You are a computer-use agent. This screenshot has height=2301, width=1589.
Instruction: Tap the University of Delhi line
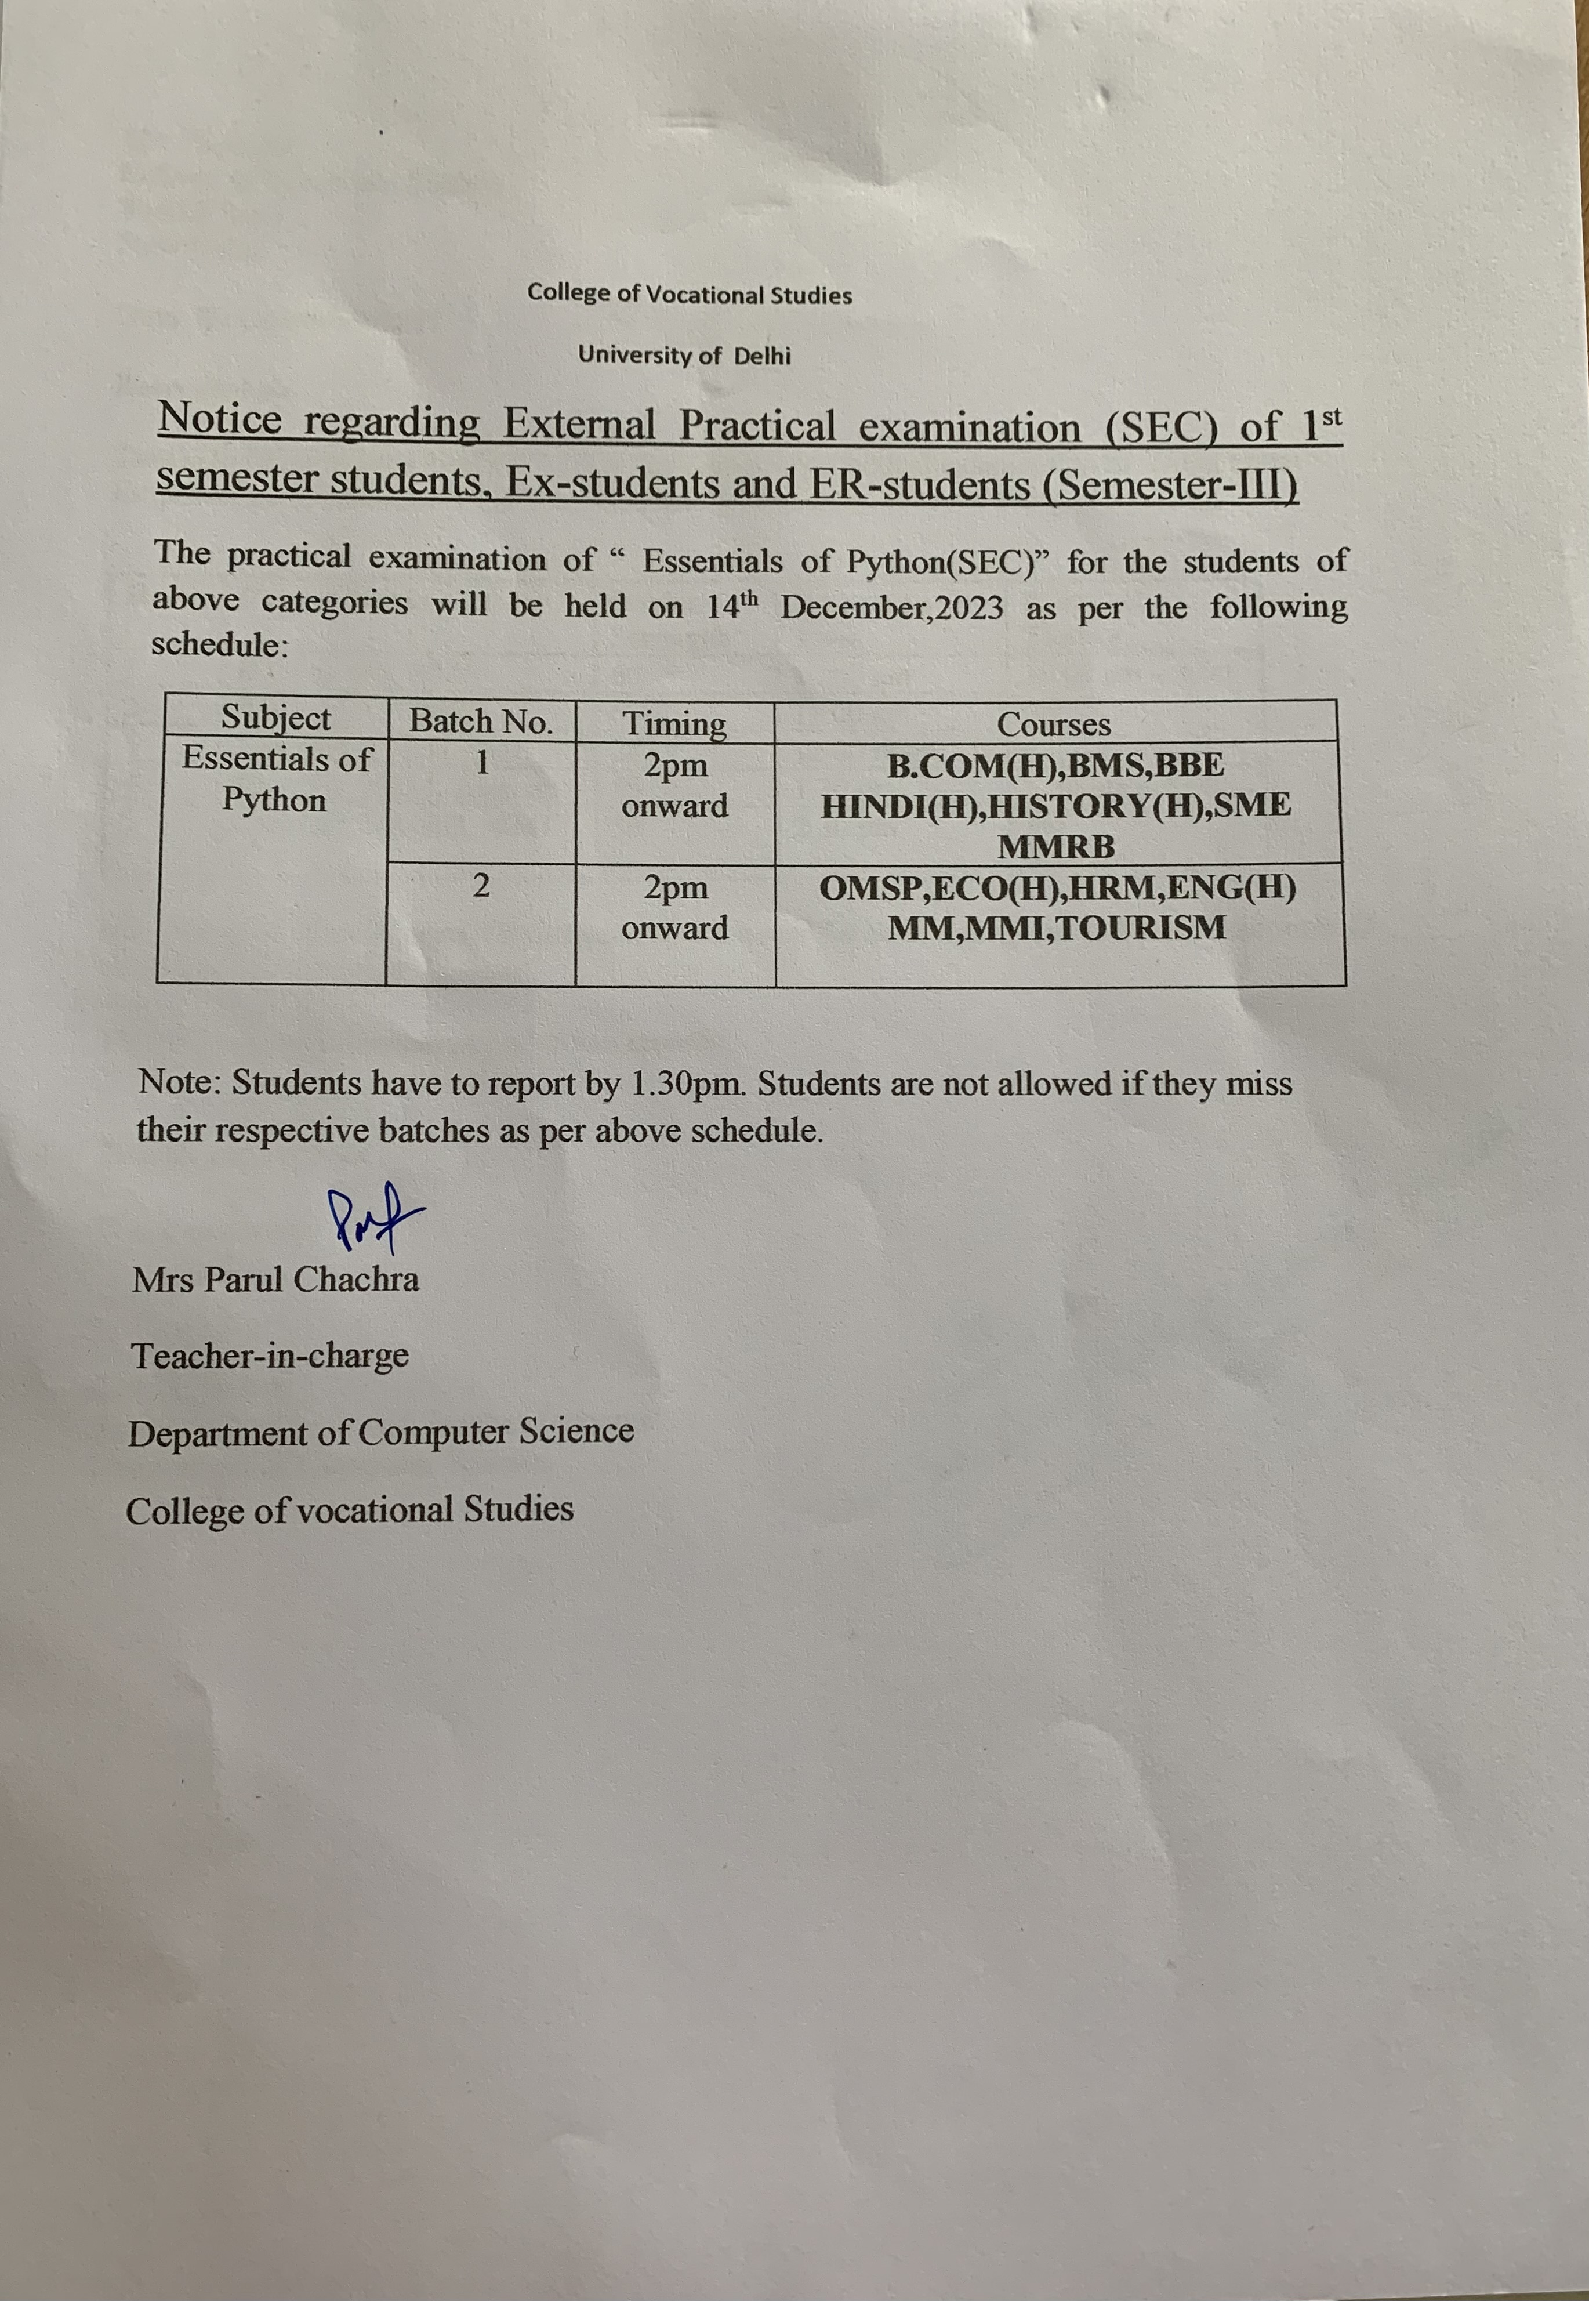click(684, 356)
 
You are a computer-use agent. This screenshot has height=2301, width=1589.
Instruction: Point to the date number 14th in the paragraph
click(733, 606)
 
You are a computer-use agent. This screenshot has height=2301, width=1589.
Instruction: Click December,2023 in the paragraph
click(891, 607)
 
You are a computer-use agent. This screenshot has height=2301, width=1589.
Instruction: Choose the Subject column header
click(276, 717)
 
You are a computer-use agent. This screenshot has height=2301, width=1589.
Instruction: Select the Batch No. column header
click(481, 721)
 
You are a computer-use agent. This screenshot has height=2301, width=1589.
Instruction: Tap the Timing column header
click(674, 723)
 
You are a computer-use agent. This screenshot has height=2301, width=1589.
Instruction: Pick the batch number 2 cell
click(481, 885)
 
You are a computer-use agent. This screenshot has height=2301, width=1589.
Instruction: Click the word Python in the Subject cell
click(274, 799)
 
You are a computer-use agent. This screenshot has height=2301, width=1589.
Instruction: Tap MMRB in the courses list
click(1057, 847)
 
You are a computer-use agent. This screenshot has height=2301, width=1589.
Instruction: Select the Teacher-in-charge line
click(270, 1355)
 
